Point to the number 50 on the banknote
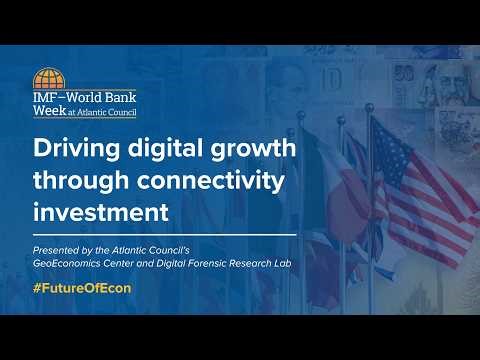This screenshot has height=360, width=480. click(x=404, y=73)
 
